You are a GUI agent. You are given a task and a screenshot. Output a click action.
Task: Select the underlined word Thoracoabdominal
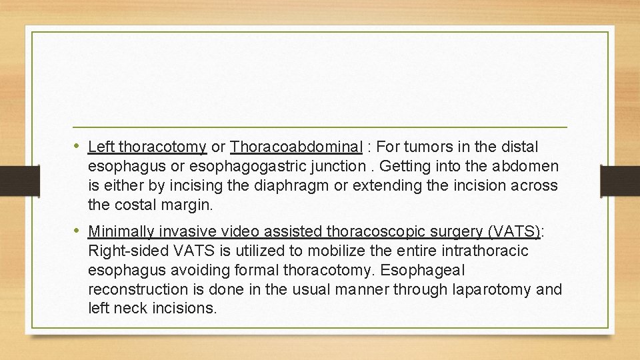297,147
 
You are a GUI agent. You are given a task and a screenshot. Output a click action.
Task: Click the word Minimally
119,232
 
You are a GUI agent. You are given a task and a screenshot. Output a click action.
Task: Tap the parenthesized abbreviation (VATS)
514,232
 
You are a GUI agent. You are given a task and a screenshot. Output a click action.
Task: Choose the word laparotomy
490,290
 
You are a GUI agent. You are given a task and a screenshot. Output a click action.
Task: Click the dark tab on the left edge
19,181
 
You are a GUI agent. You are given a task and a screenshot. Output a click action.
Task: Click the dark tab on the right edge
620,181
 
